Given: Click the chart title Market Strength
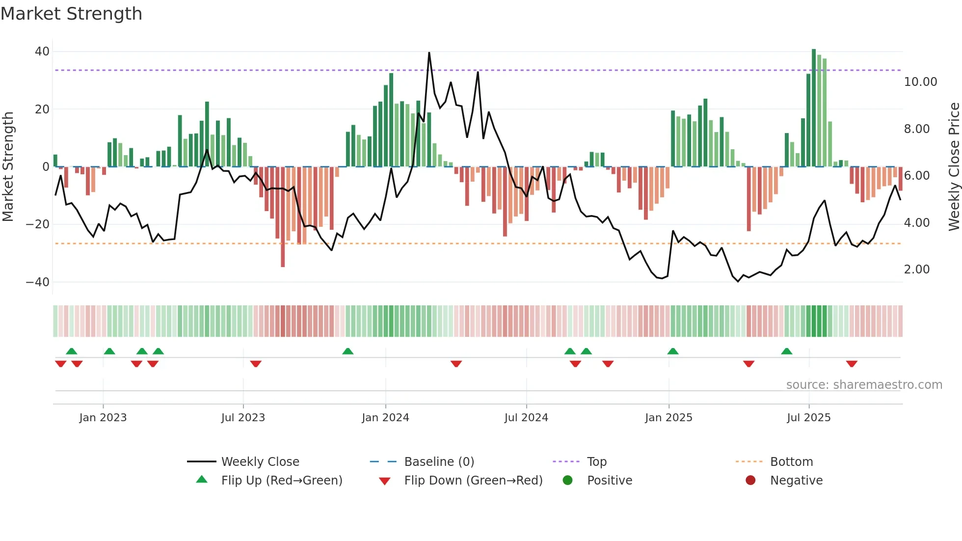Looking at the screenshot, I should click(x=71, y=14).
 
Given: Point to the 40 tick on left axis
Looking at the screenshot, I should click(x=42, y=52).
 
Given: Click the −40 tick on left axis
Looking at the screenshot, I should click(x=38, y=282).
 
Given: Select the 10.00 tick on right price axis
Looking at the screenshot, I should click(x=920, y=82).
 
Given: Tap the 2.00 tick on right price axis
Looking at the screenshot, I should click(x=916, y=270).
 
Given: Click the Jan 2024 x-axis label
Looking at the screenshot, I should click(x=385, y=418).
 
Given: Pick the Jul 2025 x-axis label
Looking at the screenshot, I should click(x=808, y=418).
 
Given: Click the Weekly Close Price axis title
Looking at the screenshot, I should click(x=954, y=167).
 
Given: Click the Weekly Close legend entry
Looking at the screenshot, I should click(x=260, y=462).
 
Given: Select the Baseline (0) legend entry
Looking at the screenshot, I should click(x=439, y=462).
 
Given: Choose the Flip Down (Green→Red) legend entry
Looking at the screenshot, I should click(x=473, y=481).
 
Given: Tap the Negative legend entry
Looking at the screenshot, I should click(x=796, y=481).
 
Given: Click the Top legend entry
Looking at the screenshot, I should click(x=596, y=462).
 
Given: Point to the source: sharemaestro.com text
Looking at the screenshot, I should click(x=864, y=385).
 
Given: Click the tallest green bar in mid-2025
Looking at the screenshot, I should click(x=814, y=108).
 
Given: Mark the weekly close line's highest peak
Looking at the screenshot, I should click(x=429, y=53).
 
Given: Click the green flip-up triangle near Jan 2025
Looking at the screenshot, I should click(x=673, y=352).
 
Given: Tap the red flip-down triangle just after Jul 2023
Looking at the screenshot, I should click(x=256, y=364).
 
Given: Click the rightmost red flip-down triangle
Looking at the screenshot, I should click(x=852, y=364).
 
